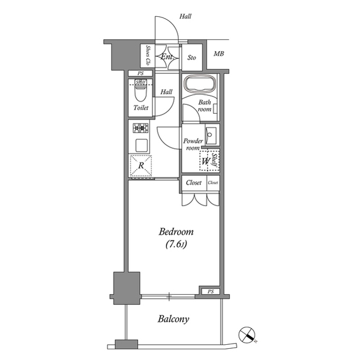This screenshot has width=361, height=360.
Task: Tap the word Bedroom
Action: (176, 232)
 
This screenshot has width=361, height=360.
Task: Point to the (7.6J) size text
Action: (176, 245)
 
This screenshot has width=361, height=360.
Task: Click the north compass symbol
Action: (247, 335)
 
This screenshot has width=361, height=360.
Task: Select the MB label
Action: (218, 54)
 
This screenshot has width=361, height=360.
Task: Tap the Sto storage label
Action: (191, 57)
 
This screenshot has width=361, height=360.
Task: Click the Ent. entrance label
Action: (167, 57)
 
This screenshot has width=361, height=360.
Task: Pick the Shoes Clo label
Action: (148, 55)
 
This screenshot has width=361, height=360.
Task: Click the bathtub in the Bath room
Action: (199, 85)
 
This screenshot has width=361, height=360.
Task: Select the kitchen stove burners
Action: (140, 127)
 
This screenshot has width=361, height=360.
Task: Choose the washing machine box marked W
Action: (206, 162)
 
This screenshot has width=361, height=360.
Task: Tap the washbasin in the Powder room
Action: (212, 135)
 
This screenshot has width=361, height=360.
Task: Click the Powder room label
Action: (192, 144)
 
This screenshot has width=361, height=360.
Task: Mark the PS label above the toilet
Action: (140, 74)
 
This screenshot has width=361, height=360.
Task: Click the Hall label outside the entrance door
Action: (185, 17)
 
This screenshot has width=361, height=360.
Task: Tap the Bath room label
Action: (205, 105)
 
